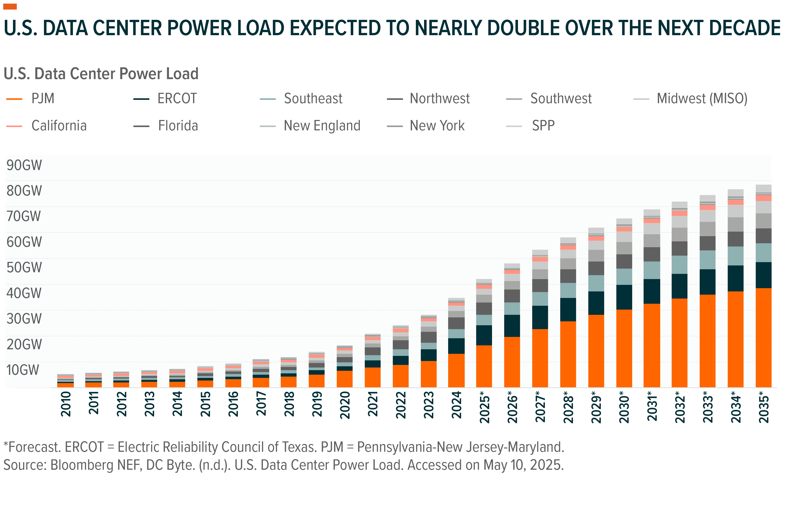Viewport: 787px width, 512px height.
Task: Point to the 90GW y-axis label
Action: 24,165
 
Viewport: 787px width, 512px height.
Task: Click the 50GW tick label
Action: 24,267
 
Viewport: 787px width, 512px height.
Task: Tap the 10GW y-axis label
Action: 22,370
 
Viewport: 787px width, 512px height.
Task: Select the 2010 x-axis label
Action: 66,404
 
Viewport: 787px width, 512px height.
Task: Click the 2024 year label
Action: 457,405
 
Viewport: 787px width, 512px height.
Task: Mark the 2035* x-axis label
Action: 764,407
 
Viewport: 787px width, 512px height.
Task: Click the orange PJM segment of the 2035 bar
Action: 764,337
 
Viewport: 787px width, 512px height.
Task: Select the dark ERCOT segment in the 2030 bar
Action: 624,297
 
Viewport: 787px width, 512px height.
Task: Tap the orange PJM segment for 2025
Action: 484,366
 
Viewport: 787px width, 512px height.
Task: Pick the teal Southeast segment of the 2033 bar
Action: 707,260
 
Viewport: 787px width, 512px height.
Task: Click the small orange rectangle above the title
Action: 10,6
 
